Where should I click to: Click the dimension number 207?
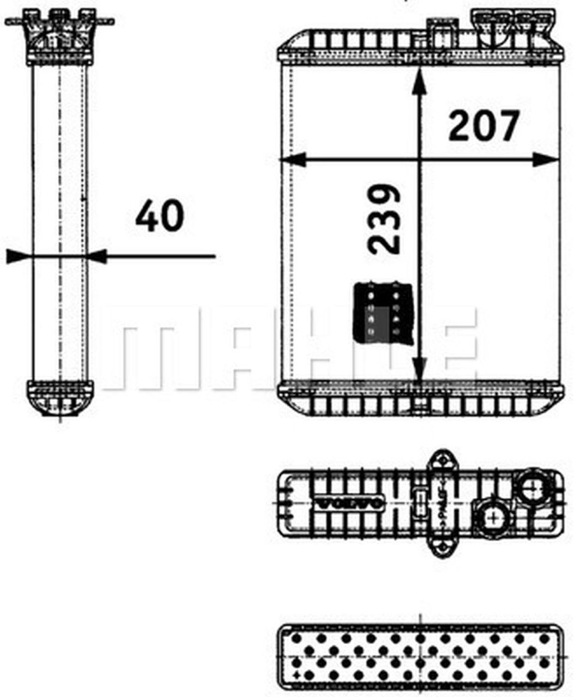tap(484, 127)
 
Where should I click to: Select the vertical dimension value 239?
tap(384, 219)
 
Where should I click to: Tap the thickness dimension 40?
tap(159, 216)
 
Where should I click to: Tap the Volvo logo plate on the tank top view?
tap(349, 504)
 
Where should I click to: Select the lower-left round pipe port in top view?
tap(493, 515)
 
